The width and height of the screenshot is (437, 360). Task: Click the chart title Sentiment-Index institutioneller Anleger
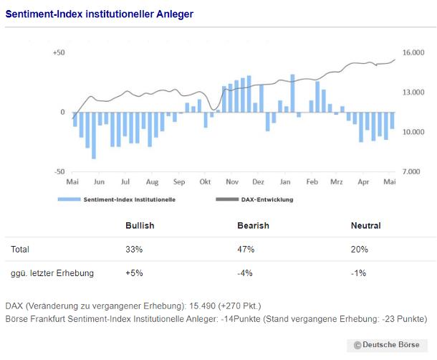pos(100,14)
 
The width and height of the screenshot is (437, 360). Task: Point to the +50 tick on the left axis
pos(59,53)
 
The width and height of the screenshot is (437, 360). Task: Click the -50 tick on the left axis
pos(59,172)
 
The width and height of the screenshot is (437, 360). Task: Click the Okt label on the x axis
pos(206,182)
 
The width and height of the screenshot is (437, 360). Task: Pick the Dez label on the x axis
pos(259,182)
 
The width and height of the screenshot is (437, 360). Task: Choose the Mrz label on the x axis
pos(337,182)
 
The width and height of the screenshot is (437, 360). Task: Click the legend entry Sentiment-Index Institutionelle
pos(129,200)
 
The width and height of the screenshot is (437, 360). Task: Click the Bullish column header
pos(140,226)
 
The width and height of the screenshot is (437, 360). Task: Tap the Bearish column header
pos(253,226)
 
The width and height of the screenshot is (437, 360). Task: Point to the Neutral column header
pos(365,226)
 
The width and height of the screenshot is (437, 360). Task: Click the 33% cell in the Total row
pos(134,250)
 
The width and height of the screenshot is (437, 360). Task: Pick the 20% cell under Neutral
pos(359,250)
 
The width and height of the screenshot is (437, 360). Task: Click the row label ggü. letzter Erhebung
pos(52,273)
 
